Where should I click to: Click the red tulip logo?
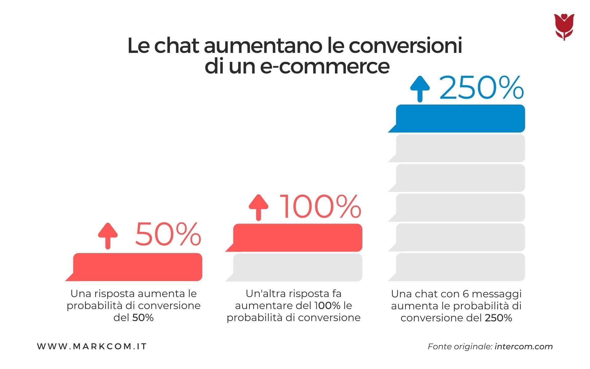click(564, 27)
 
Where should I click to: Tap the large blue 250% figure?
click(482, 88)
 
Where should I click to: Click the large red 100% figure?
click(321, 207)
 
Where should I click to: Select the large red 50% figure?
click(168, 235)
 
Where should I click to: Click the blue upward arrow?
click(420, 89)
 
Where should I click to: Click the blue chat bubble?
click(460, 119)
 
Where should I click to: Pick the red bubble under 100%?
click(297, 238)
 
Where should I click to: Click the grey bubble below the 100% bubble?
click(297, 267)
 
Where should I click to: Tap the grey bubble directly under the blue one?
click(460, 148)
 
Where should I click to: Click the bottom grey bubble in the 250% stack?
click(460, 267)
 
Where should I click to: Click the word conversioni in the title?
click(405, 46)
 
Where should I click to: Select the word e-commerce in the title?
click(325, 66)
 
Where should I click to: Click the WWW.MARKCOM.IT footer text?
click(92, 347)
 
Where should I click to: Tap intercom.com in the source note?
click(524, 347)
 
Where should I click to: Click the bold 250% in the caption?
click(498, 318)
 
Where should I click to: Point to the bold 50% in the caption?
click(143, 317)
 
